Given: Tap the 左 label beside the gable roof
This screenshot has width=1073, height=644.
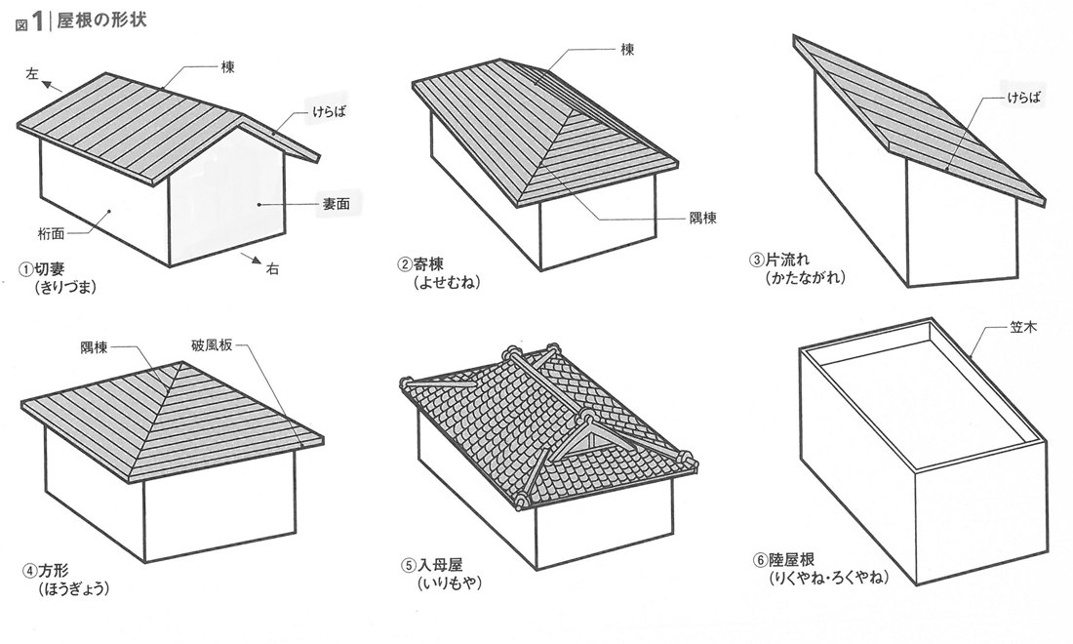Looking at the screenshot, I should coord(32,73).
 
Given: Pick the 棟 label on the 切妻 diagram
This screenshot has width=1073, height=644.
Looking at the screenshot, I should coord(227,66).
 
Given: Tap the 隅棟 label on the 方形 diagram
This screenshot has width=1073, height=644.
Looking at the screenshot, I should coord(95,345).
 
